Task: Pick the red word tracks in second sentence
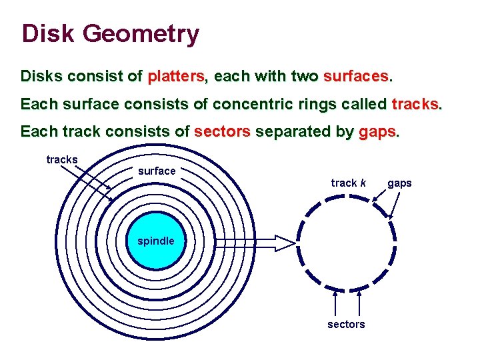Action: coord(415,104)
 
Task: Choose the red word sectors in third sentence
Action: coord(222,132)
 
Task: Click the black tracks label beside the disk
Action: coord(62,159)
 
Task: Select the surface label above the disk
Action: coord(157,171)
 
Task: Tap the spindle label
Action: coord(156,241)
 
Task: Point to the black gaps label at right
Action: coord(399,183)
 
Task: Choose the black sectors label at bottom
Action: coord(346,324)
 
